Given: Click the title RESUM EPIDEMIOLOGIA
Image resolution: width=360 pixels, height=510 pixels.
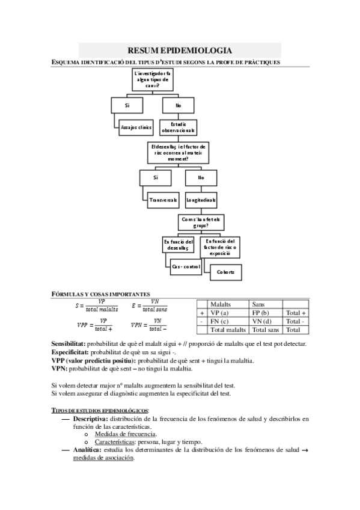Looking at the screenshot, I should (180, 51).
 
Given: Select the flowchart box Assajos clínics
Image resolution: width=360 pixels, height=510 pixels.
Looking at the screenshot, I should (136, 127).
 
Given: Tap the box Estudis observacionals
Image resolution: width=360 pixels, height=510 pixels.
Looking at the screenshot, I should (178, 127).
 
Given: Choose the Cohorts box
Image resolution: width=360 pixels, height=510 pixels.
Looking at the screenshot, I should (225, 272).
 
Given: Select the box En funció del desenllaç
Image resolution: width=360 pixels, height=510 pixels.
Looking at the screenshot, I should (178, 244).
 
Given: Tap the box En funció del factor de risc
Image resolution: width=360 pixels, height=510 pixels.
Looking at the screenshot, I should (221, 245).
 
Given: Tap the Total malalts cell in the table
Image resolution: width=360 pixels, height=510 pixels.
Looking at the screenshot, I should (228, 330).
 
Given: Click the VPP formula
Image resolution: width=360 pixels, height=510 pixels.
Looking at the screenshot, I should (96, 325).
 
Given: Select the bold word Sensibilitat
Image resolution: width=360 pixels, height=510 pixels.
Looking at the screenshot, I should (71, 343).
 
